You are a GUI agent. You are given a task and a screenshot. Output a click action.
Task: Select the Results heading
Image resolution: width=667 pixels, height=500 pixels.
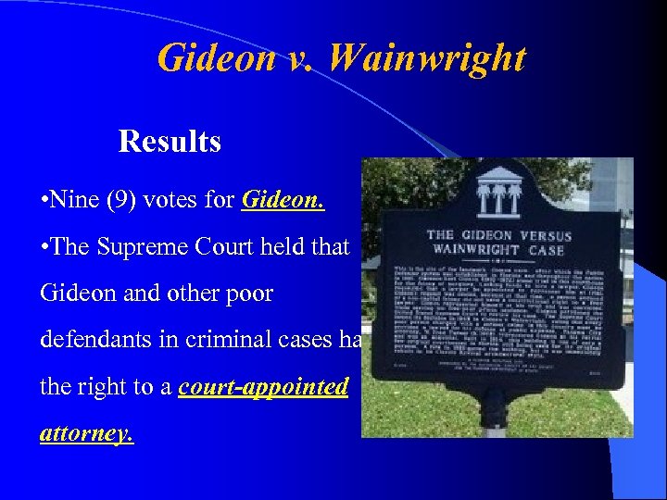tap(170, 142)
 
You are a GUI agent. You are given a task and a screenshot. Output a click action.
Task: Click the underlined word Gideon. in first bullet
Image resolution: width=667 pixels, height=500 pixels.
tap(283, 199)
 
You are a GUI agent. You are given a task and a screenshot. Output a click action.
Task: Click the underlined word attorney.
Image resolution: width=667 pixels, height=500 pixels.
tap(86, 432)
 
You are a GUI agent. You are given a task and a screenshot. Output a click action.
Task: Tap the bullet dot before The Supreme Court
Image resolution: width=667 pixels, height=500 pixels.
tap(44, 247)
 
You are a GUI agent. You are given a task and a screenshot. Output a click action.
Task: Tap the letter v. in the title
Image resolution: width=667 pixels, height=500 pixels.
tap(296, 57)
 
